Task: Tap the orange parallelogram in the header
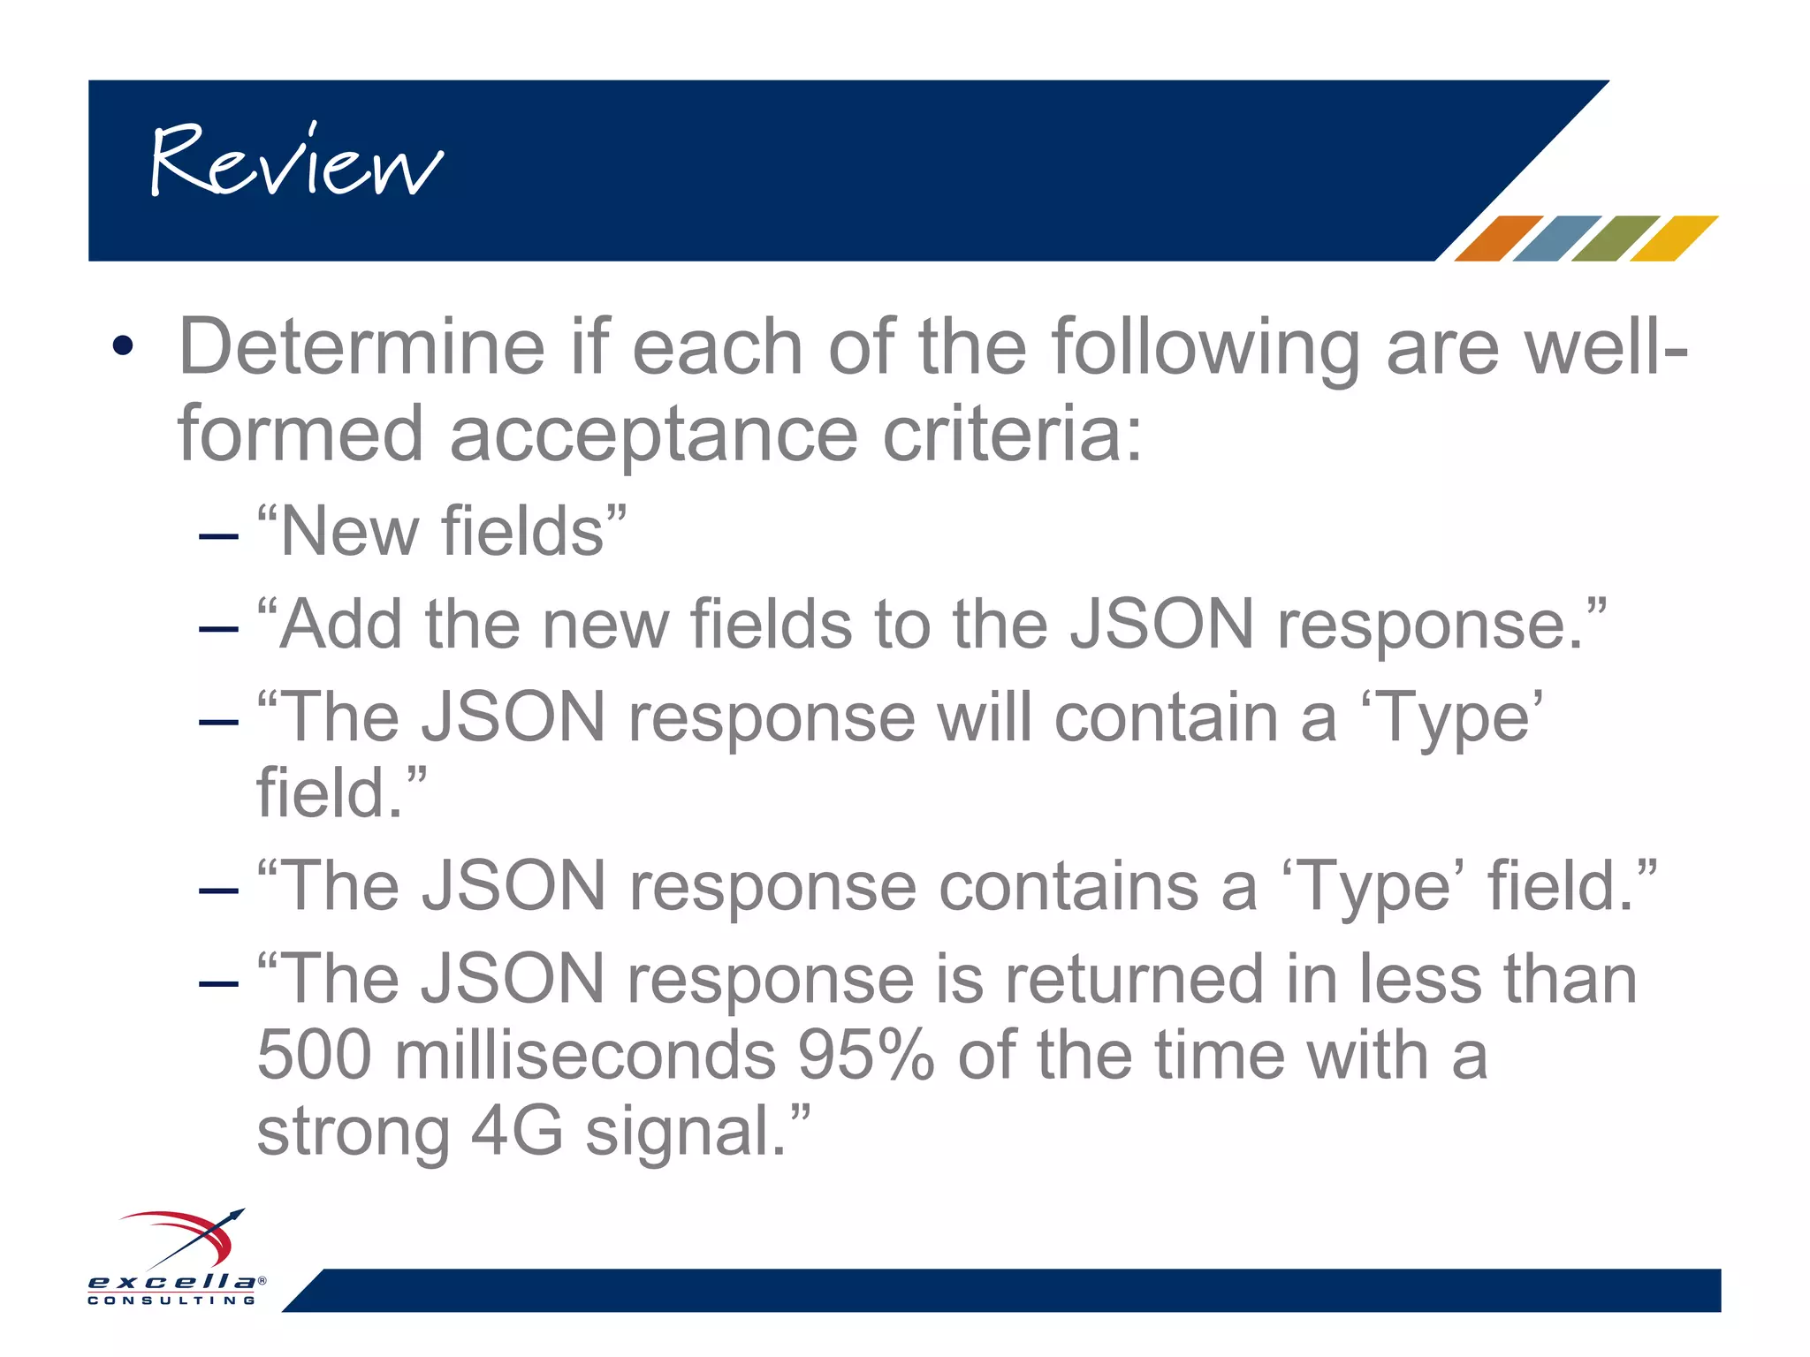tap(1497, 238)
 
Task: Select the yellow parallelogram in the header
tap(1673, 238)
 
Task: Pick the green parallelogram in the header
tap(1615, 238)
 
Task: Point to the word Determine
tap(361, 347)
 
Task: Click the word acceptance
tap(653, 434)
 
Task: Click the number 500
tap(314, 1055)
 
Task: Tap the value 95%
tap(865, 1055)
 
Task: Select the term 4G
tap(516, 1131)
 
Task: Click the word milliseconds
tap(584, 1055)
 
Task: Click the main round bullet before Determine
tap(123, 345)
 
